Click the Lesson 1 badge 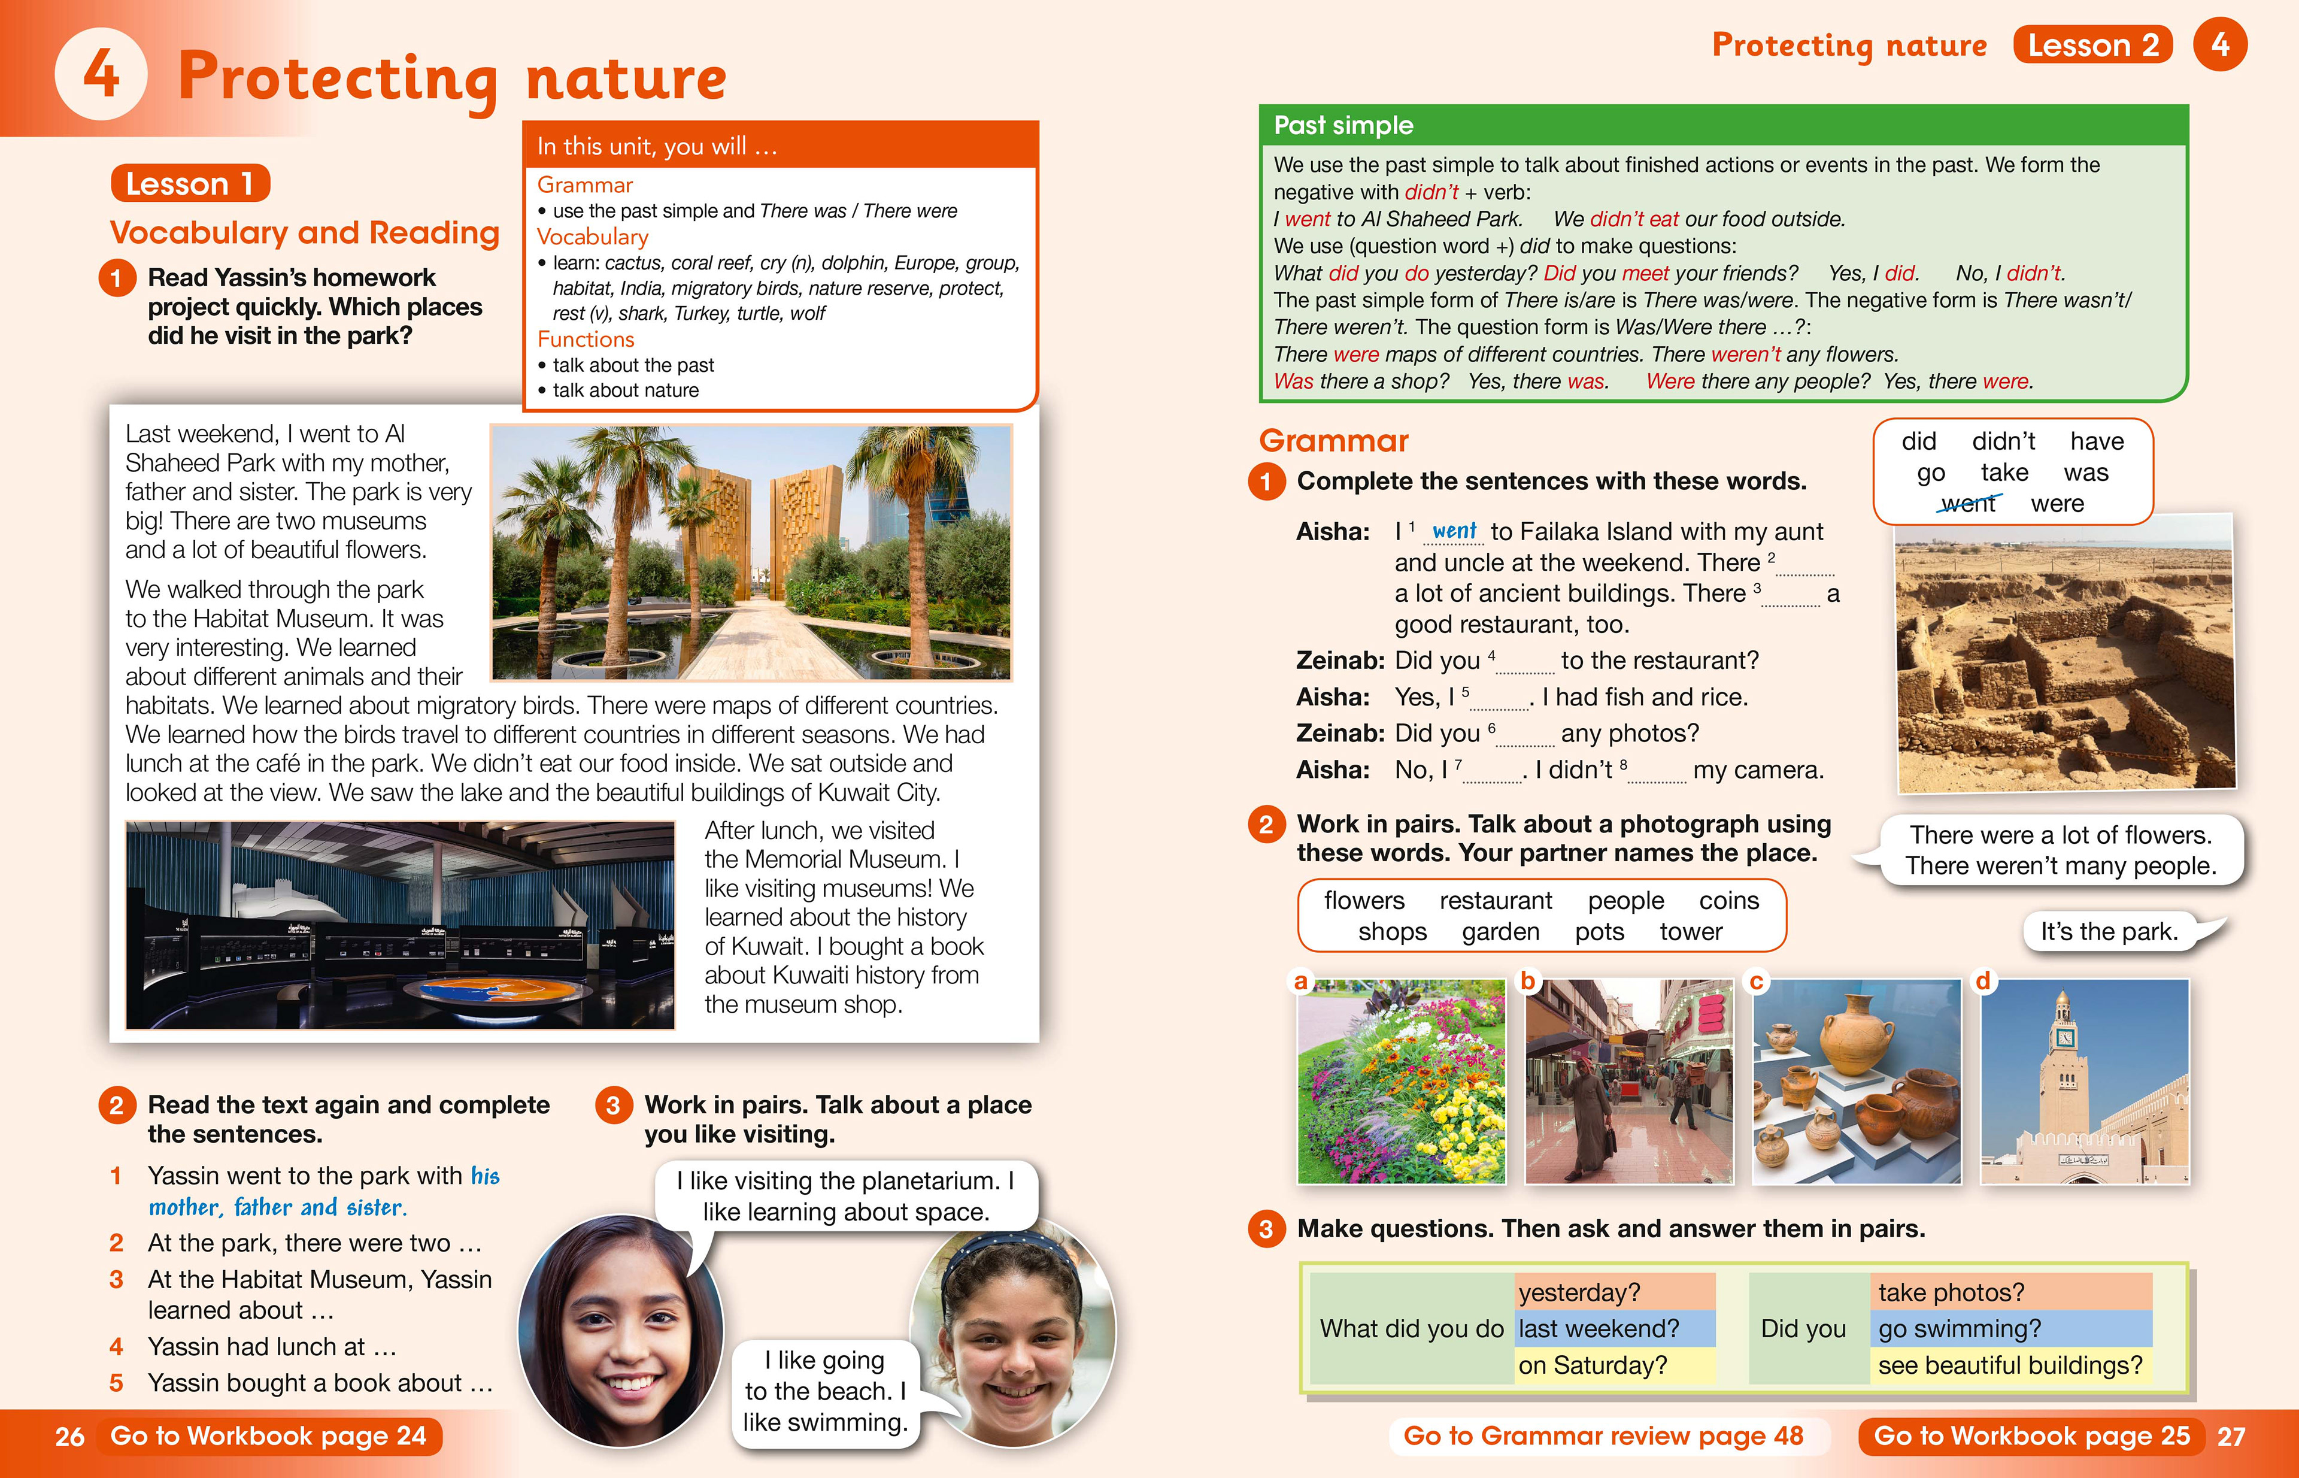pos(190,183)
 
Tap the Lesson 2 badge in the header pos(2092,45)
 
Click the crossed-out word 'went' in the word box pos(1967,504)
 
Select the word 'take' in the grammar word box pos(2004,472)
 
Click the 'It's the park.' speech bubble pos(2109,931)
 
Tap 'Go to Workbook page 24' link pos(269,1435)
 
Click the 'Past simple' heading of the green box pos(1343,125)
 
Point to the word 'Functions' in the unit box pos(586,339)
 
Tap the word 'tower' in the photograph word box pos(1691,931)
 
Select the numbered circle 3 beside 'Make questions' pos(1266,1229)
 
